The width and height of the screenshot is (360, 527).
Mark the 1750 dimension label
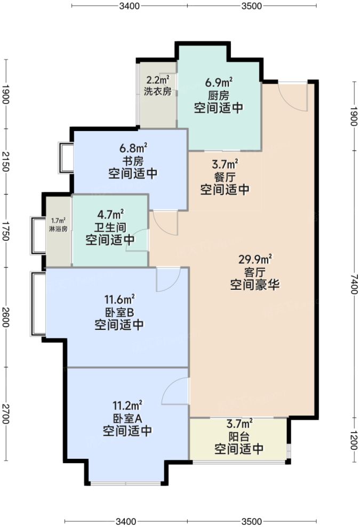point(6,231)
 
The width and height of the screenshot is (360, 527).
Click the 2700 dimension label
point(6,414)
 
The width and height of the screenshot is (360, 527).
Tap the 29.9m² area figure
point(255,260)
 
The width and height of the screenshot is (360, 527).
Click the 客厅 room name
point(255,272)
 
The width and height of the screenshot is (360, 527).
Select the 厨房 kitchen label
point(219,95)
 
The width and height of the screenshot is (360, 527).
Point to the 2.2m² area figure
point(157,80)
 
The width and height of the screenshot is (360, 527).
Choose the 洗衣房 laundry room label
point(157,91)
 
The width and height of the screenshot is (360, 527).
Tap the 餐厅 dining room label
point(225,176)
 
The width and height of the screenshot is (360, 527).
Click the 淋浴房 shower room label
point(58,229)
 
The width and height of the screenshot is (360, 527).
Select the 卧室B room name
point(119,311)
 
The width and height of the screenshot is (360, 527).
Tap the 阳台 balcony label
point(239,437)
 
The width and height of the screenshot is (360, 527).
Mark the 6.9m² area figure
point(219,83)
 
